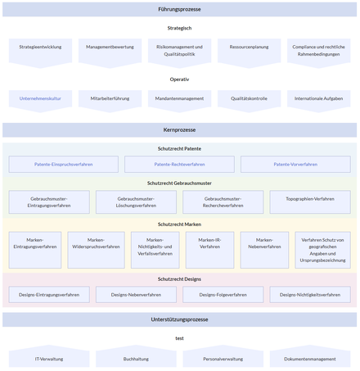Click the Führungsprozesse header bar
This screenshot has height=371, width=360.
(x=179, y=9)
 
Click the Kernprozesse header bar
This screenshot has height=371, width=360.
(x=179, y=129)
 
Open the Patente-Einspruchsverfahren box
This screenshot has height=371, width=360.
(x=63, y=165)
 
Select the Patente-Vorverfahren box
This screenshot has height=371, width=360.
(x=295, y=165)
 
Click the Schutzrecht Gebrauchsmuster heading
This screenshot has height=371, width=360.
(x=179, y=183)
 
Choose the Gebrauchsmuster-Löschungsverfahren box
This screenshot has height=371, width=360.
(x=136, y=202)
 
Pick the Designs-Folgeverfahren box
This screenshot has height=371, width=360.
(x=223, y=294)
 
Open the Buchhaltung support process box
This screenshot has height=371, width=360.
(x=136, y=359)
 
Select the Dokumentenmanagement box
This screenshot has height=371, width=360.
(x=309, y=359)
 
